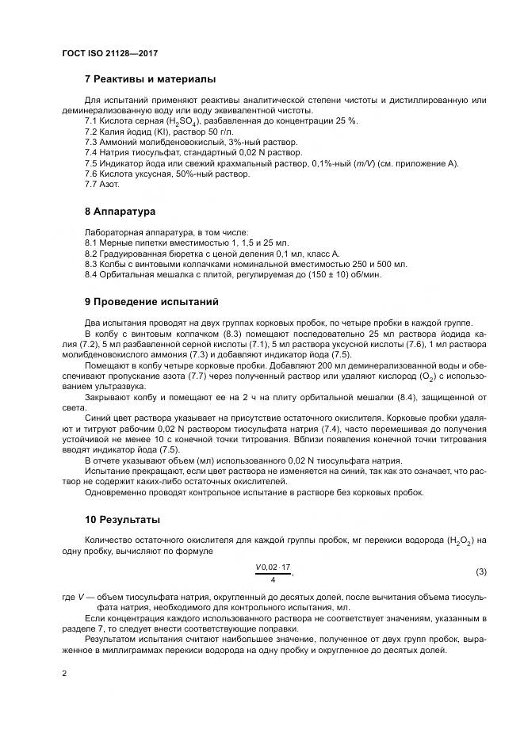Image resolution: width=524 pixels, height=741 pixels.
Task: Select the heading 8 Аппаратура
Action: [x=120, y=212]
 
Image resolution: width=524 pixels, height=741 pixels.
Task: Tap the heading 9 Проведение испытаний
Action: [x=151, y=302]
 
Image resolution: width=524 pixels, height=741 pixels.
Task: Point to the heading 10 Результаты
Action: [x=122, y=519]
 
